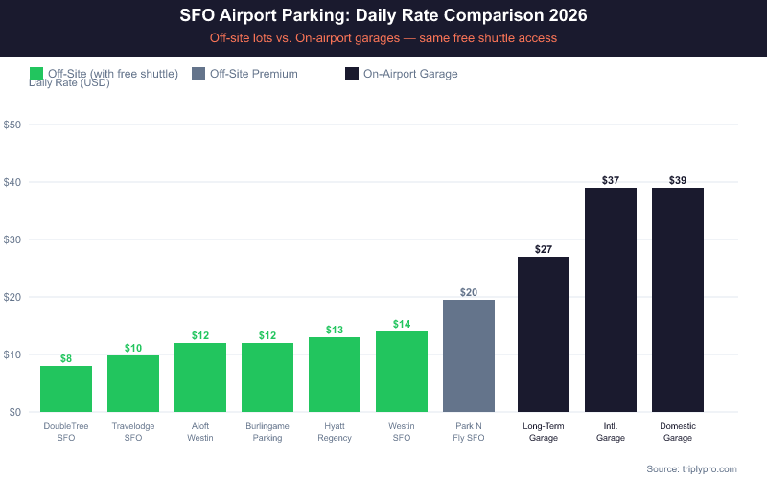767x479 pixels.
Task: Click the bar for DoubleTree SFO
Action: [66, 389]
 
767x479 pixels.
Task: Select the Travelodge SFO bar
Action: [133, 383]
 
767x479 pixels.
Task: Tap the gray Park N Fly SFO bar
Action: [469, 355]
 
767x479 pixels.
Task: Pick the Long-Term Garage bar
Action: [544, 334]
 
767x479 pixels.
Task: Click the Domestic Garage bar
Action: [678, 300]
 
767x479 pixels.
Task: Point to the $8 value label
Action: [66, 358]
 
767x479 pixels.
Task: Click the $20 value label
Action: [469, 292]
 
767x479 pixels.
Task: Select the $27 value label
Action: [544, 249]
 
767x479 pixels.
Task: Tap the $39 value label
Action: [678, 180]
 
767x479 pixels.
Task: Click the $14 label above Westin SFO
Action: [402, 324]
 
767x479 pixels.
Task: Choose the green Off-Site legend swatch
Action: [37, 74]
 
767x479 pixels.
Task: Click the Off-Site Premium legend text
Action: [253, 74]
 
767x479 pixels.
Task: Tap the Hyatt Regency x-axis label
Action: [335, 431]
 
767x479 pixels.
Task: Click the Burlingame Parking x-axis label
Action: [267, 431]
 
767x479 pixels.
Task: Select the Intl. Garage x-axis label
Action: [611, 431]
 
